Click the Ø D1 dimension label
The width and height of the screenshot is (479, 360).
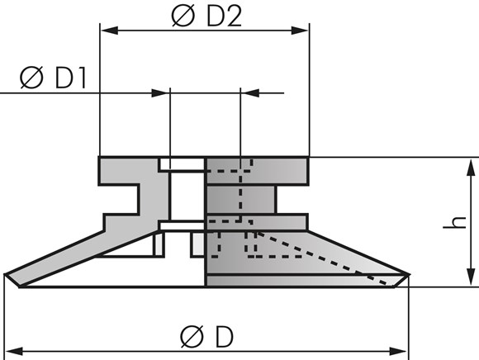point(53,78)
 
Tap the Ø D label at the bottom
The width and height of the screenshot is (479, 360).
point(206,336)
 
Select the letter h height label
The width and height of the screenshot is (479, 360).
point(455,222)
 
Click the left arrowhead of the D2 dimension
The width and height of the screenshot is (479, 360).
point(109,31)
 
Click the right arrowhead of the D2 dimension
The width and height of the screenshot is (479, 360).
point(301,31)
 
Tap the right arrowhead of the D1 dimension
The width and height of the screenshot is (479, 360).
point(250,92)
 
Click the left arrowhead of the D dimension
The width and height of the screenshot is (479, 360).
point(14,351)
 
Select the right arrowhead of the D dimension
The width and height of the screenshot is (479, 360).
point(399,351)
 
